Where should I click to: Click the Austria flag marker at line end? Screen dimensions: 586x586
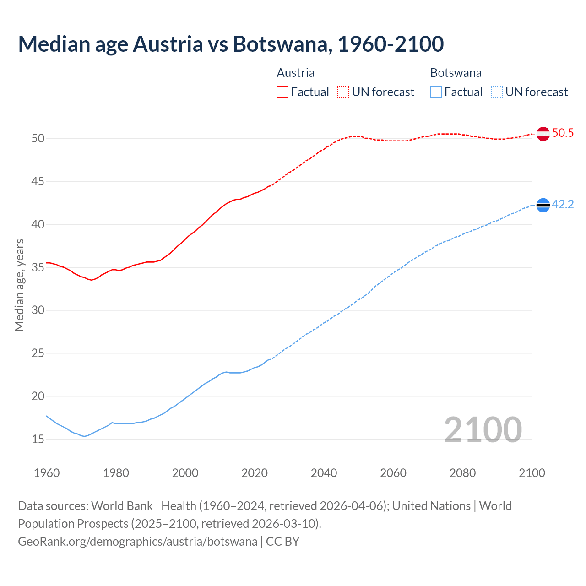(543, 134)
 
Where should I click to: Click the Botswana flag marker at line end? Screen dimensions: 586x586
(543, 206)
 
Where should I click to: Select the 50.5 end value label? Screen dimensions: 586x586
(563, 133)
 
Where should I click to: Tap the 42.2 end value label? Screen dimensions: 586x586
(563, 205)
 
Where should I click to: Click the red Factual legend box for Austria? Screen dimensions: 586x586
(282, 92)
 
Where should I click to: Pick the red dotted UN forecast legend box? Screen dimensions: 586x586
(343, 92)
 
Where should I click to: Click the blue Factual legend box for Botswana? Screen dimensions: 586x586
(436, 92)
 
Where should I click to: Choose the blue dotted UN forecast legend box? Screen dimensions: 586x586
(497, 92)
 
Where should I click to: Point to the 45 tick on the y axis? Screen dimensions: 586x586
(38, 182)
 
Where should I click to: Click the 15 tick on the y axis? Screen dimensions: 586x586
(38, 439)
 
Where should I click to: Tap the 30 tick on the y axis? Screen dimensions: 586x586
(38, 310)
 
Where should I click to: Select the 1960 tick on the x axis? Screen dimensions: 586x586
(47, 473)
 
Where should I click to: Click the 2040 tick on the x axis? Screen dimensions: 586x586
(324, 473)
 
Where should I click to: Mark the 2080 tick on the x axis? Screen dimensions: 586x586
(462, 473)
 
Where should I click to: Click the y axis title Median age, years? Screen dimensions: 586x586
(19, 285)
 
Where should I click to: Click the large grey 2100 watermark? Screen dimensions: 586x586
(483, 429)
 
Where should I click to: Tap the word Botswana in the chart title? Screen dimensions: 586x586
(280, 44)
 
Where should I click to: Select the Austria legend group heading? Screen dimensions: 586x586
(296, 73)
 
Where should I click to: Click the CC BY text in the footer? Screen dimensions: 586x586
(283, 542)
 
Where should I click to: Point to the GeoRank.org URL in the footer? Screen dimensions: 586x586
(137, 542)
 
